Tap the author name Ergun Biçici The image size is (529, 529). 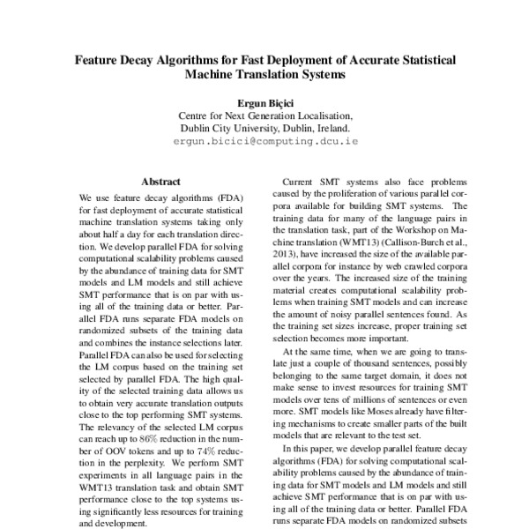[264, 101]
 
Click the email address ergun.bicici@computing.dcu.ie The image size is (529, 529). [264, 140]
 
